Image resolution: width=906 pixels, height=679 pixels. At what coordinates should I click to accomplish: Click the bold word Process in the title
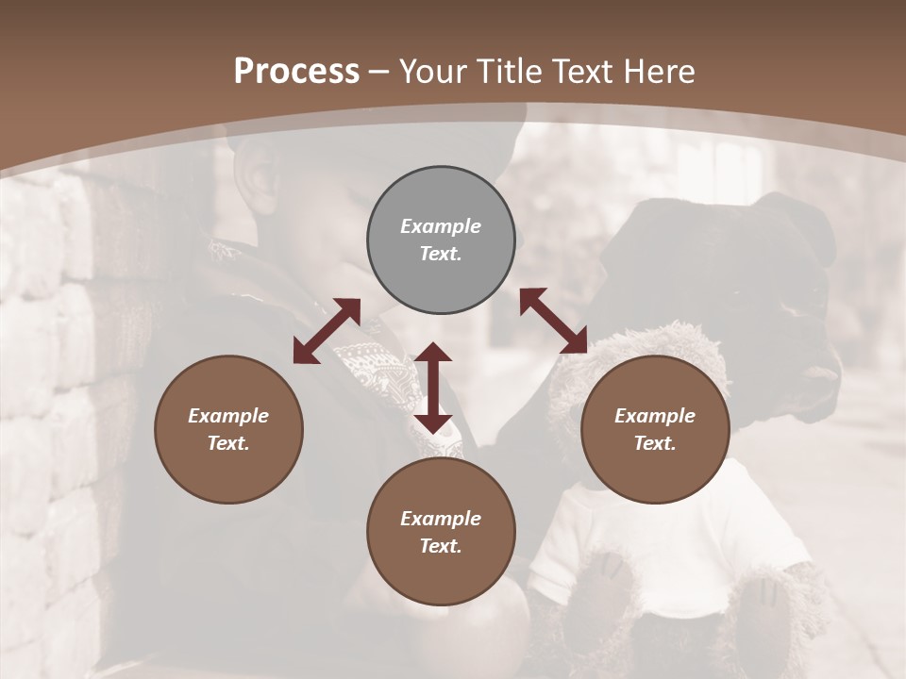(296, 72)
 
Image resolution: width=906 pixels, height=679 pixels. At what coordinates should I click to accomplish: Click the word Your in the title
(434, 72)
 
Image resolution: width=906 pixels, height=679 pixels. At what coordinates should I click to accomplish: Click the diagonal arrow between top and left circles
(327, 331)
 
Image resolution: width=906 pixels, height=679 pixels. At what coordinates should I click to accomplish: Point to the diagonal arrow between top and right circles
(554, 321)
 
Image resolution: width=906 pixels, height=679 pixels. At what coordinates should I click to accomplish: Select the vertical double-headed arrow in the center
(433, 388)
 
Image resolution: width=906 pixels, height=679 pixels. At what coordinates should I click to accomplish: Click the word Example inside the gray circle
(441, 226)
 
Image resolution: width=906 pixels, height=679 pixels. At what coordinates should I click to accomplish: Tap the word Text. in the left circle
(228, 443)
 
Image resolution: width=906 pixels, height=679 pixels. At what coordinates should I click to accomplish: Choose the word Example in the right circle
(655, 416)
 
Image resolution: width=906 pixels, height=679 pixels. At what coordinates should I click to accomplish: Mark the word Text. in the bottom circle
(441, 546)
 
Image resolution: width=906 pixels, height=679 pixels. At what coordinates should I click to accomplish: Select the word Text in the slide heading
(578, 72)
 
